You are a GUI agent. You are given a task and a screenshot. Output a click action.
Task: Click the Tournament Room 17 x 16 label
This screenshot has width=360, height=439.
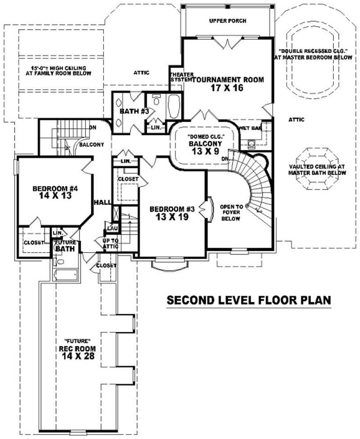click(x=227, y=84)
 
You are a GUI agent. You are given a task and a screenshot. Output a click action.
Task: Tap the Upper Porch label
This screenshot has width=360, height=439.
click(x=228, y=21)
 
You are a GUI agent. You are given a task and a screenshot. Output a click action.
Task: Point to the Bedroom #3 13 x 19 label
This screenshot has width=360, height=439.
click(x=172, y=213)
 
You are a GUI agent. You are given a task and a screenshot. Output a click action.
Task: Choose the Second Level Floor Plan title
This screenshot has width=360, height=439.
click(x=249, y=300)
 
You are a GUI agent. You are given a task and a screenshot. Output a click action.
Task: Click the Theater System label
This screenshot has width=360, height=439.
click(x=181, y=77)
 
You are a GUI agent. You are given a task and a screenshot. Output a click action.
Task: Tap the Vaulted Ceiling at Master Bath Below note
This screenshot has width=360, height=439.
click(x=318, y=169)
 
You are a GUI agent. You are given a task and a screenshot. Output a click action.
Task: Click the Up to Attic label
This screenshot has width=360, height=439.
click(x=110, y=244)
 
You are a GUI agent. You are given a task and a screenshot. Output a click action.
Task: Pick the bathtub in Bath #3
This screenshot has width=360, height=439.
click(x=173, y=106)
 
